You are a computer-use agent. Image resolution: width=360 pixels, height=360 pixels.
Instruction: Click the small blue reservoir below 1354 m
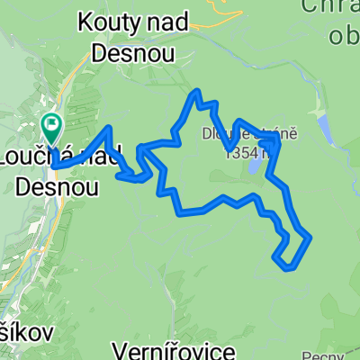pos(256,167)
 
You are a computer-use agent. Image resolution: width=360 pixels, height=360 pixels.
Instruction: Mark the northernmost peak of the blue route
pos(194,91)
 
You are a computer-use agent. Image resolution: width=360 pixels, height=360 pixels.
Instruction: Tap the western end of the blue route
pos(53,166)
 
